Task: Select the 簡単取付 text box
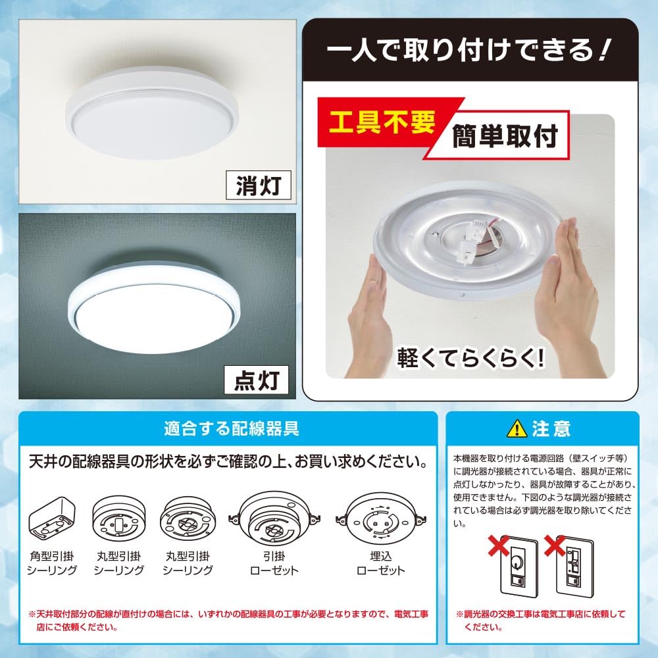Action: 505,136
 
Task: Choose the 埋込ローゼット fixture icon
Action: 380,519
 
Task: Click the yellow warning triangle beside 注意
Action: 517,429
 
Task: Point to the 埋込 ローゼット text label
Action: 380,563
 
